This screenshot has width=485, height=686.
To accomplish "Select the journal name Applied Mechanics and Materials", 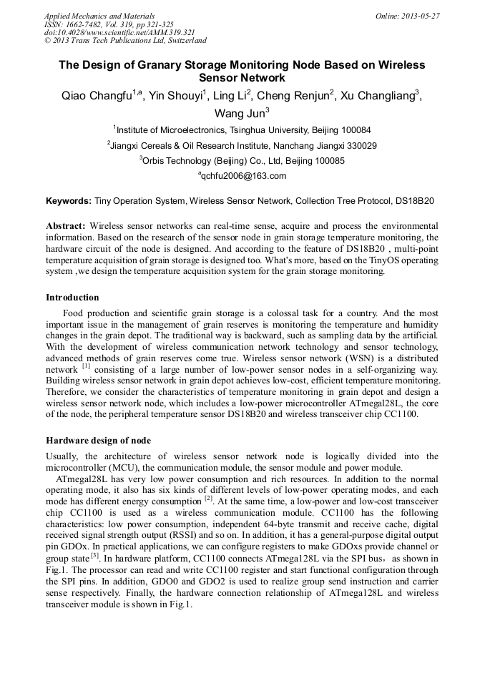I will click(x=99, y=16).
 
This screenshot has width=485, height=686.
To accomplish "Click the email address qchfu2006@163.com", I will click(x=242, y=176).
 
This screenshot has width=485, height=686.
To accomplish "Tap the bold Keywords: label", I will click(x=69, y=202).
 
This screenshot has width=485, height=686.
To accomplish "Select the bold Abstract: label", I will click(x=66, y=225).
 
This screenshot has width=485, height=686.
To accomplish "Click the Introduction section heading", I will click(x=72, y=298).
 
